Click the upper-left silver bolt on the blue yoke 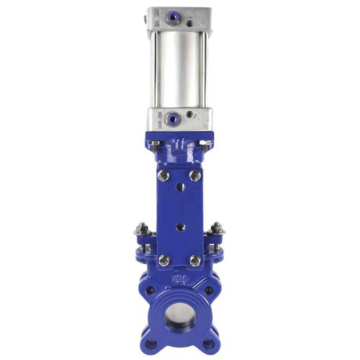[x=164, y=175]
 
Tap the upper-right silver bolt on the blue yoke [x=195, y=175]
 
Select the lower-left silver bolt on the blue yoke [x=163, y=261]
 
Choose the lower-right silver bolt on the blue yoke [x=195, y=261]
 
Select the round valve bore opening [x=179, y=317]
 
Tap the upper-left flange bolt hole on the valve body [x=150, y=291]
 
